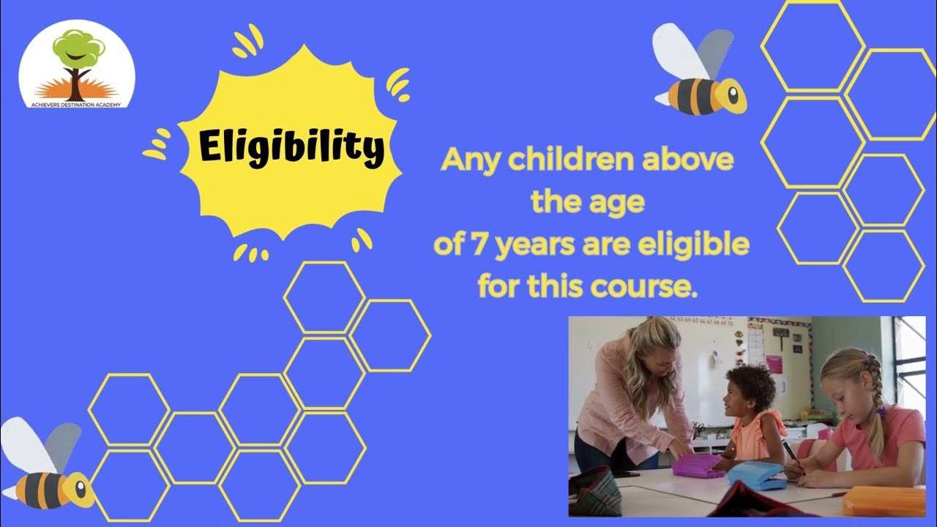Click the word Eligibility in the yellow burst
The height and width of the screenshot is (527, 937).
coord(291,147)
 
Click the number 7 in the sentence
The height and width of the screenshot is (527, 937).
coord(480,245)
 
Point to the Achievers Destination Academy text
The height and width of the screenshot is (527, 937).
coord(76,103)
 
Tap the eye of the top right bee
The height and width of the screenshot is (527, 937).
coord(731,94)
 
